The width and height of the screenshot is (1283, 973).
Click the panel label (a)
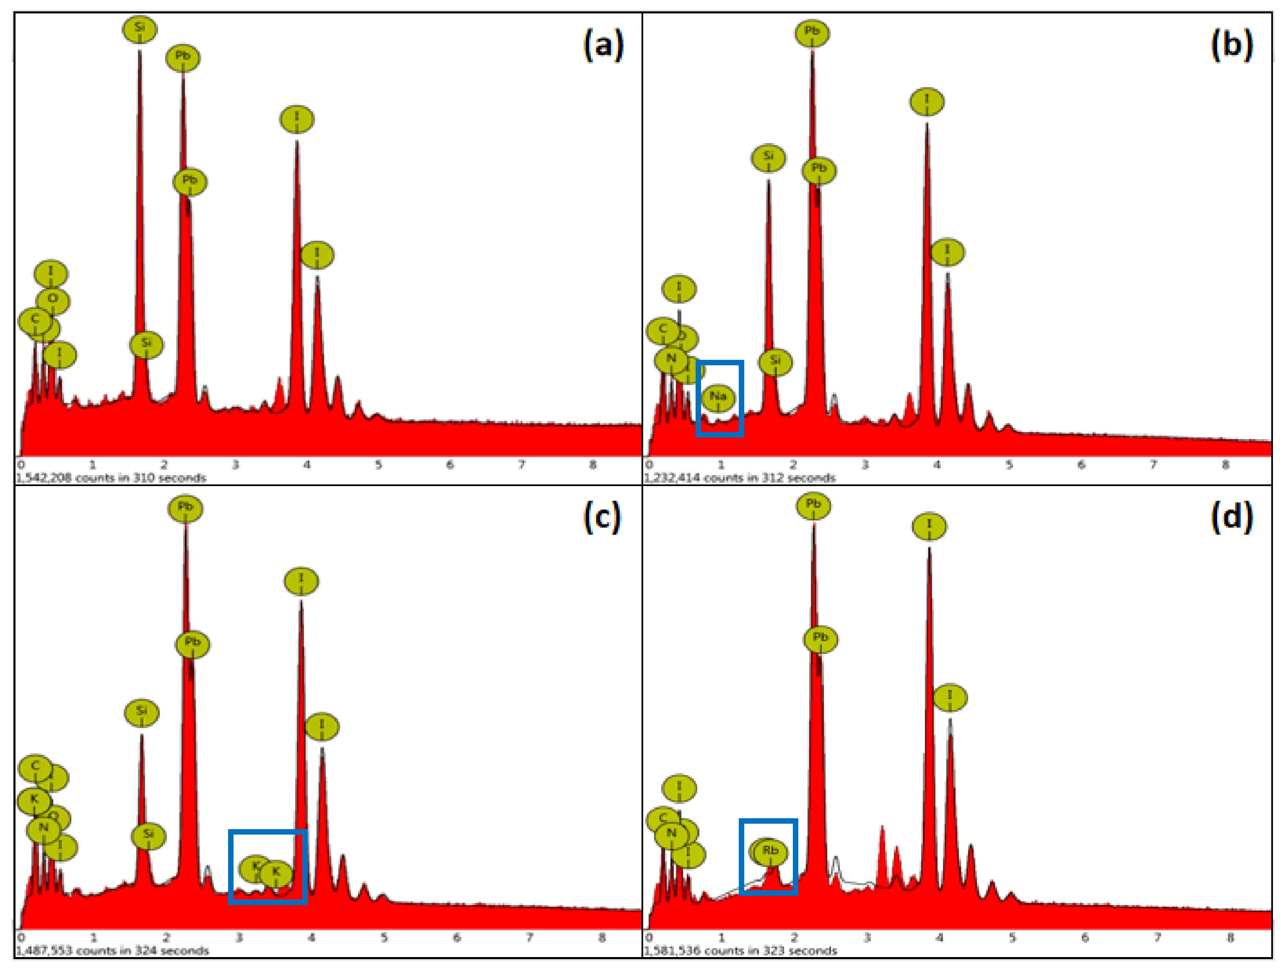(x=603, y=45)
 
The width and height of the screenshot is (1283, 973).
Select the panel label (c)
(x=602, y=516)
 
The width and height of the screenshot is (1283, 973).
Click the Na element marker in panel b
(x=718, y=397)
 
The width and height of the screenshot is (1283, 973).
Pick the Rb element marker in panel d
(x=770, y=851)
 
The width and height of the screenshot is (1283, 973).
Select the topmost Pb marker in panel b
(x=811, y=32)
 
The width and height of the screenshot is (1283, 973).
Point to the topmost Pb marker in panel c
(x=185, y=507)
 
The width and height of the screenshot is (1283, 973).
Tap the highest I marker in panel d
(x=929, y=526)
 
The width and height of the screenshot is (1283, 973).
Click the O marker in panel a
(x=53, y=300)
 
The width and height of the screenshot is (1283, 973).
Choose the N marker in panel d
(x=671, y=834)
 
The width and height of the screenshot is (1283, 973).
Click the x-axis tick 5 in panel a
(x=378, y=465)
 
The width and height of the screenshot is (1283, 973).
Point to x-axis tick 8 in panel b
(x=1225, y=465)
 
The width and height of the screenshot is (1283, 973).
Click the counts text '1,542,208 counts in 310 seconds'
(x=110, y=478)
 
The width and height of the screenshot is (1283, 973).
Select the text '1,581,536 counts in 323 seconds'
(x=740, y=951)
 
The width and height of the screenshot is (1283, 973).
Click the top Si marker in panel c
(x=142, y=712)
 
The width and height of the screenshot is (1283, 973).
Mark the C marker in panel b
(x=663, y=330)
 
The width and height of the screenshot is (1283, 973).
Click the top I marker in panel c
(x=301, y=580)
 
